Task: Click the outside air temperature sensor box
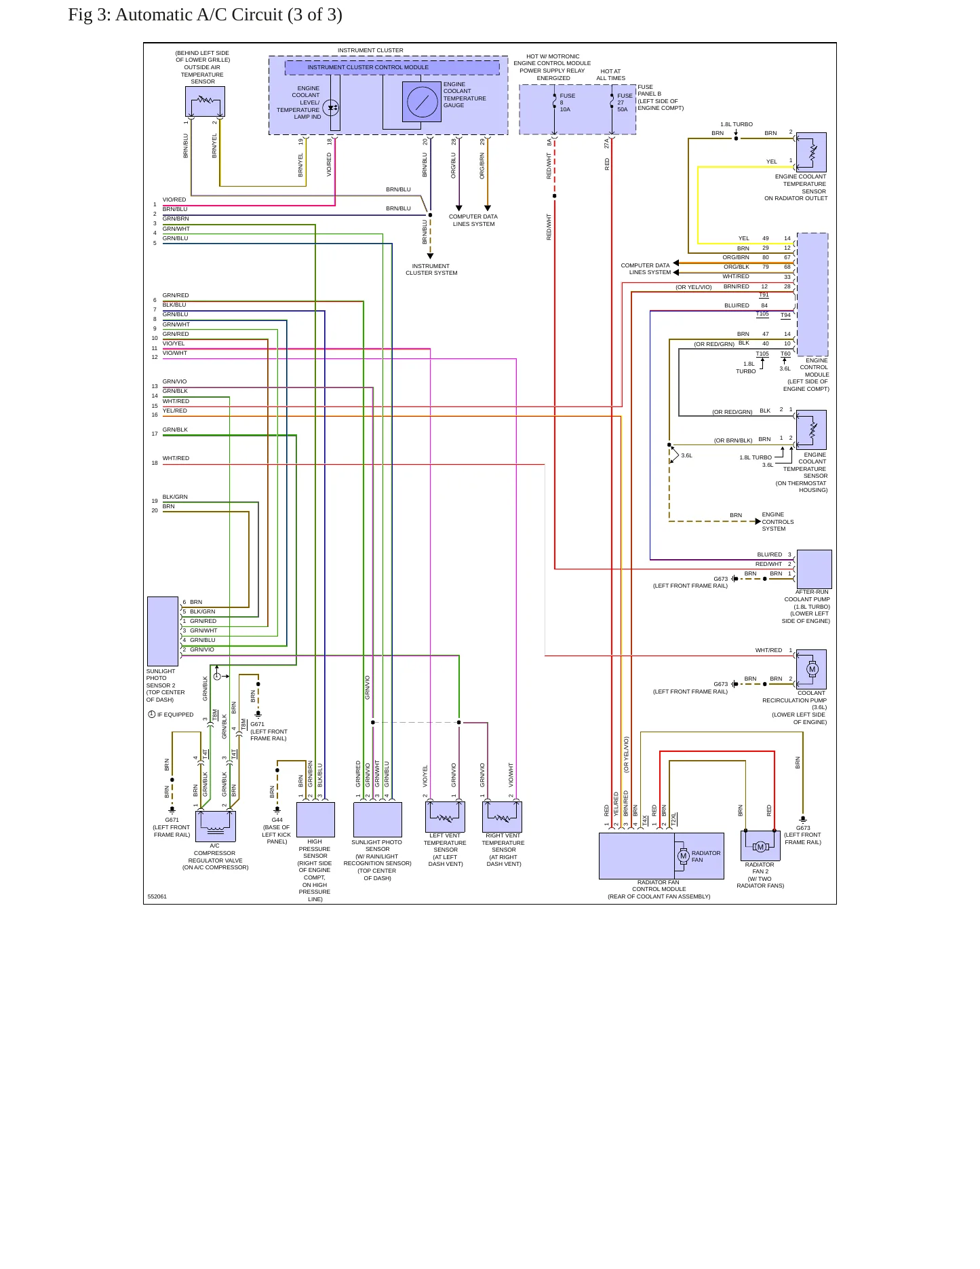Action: (x=205, y=101)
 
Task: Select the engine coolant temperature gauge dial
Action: (x=422, y=102)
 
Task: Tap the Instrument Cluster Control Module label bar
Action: (x=392, y=67)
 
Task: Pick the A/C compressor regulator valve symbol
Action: (x=216, y=826)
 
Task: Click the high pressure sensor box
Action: (x=315, y=820)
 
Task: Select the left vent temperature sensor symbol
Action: (x=445, y=816)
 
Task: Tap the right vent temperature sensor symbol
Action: (x=503, y=816)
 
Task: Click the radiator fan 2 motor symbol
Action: (x=760, y=846)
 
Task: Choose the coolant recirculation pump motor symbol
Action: (x=812, y=669)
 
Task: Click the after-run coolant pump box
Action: (x=814, y=569)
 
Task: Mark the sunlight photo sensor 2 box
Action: (x=163, y=631)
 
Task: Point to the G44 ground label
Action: (x=277, y=820)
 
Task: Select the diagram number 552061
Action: (x=157, y=896)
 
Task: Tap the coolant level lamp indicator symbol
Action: (x=331, y=107)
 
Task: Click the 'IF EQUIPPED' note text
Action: (x=175, y=715)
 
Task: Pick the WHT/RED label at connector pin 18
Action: (x=176, y=458)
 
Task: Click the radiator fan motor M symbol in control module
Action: (x=683, y=856)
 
